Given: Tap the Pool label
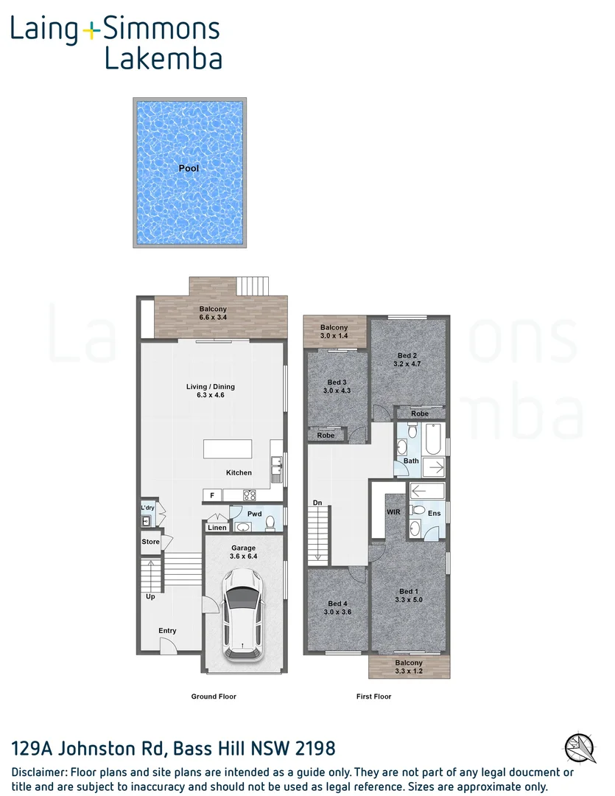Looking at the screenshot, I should point(189,168).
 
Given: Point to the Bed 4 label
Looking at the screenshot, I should point(337,604).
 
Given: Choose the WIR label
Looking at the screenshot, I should point(393,512).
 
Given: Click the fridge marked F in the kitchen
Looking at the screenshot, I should point(211,495).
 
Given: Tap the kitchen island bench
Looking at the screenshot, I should point(228,450).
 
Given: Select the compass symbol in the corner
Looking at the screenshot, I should point(581,746).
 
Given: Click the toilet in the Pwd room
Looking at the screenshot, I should point(270,523).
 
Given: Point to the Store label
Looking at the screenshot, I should point(150,542).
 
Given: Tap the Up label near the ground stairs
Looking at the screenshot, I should point(150,597).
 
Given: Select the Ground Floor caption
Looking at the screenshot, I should point(214,696).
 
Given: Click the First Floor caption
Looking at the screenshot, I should point(373,696).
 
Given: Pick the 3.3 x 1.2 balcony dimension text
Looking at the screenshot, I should point(409,671).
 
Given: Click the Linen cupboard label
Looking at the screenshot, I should point(217,528).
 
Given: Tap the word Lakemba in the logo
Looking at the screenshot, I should point(164,57).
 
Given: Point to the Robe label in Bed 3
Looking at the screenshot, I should point(326,436).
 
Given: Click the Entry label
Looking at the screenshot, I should point(167,630).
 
